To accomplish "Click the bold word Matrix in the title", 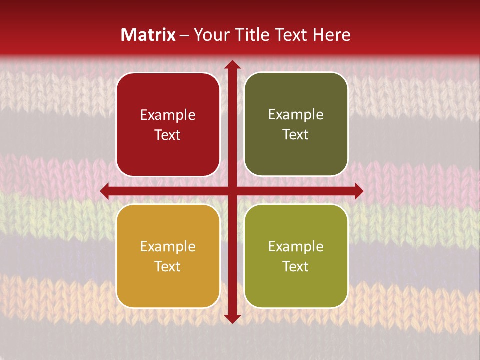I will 148,35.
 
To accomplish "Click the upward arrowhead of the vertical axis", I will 232,64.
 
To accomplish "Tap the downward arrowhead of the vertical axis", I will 232,318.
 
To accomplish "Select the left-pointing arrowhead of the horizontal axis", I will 105,191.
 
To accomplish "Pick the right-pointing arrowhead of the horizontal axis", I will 358,191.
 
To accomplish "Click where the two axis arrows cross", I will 232,191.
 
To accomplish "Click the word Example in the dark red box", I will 168,115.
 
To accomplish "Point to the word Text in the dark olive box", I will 296,135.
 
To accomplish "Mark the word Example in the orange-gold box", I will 168,247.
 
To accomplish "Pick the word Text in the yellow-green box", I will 296,266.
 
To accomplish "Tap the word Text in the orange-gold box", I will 168,266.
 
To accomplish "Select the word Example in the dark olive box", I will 296,115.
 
